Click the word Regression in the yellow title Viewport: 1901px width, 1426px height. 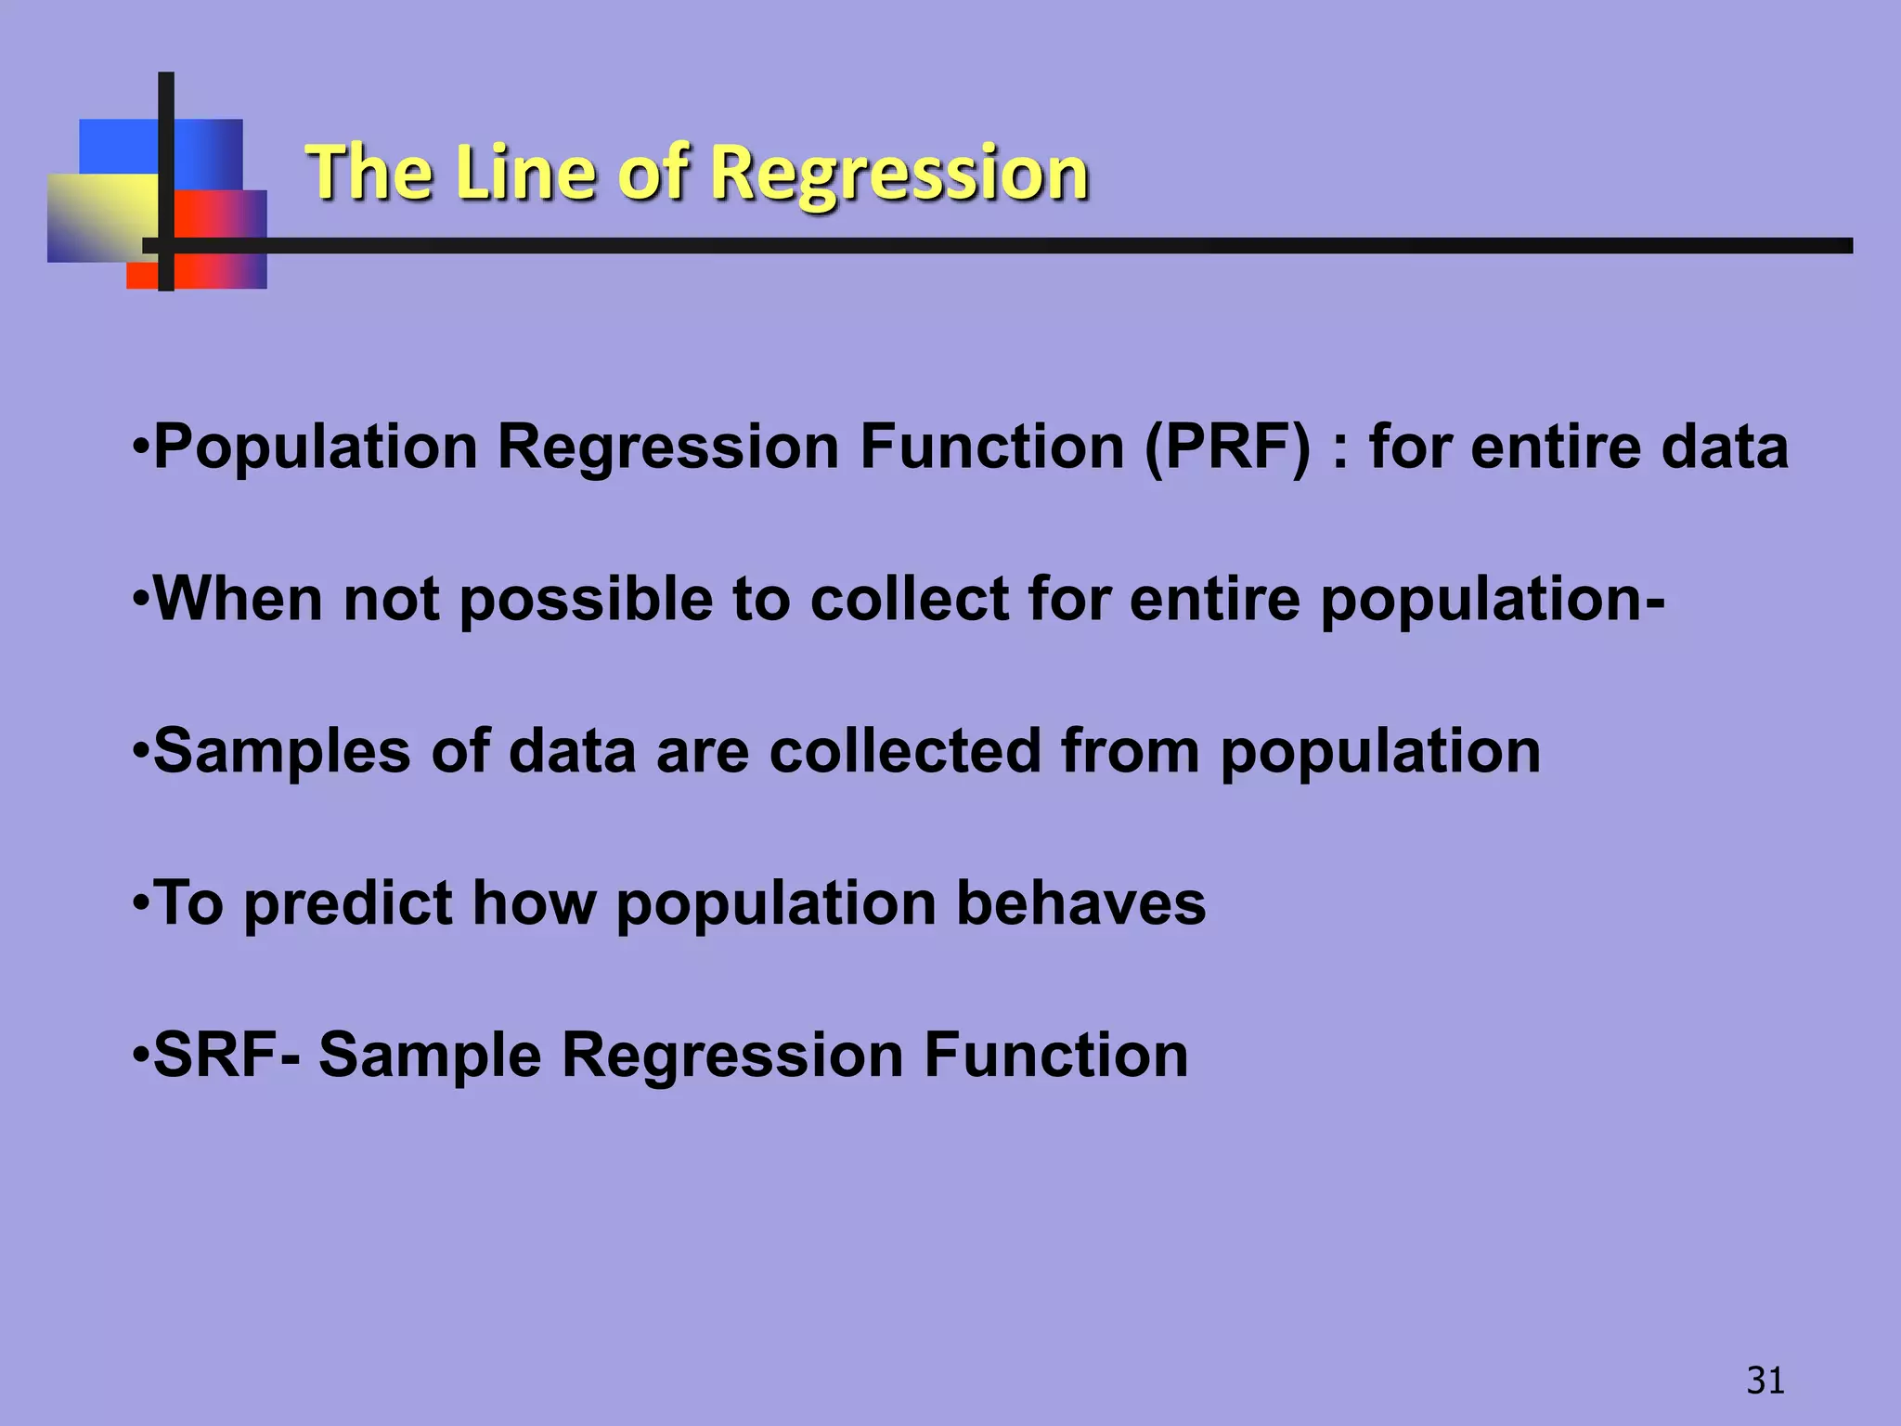click(x=900, y=174)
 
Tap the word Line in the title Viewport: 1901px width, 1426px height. click(x=525, y=174)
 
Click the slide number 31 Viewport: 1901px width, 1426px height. click(x=1765, y=1381)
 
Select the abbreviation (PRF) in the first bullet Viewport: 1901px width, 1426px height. click(x=1227, y=447)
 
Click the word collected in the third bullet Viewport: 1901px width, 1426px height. click(x=905, y=751)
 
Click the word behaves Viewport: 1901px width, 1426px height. click(x=1080, y=903)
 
